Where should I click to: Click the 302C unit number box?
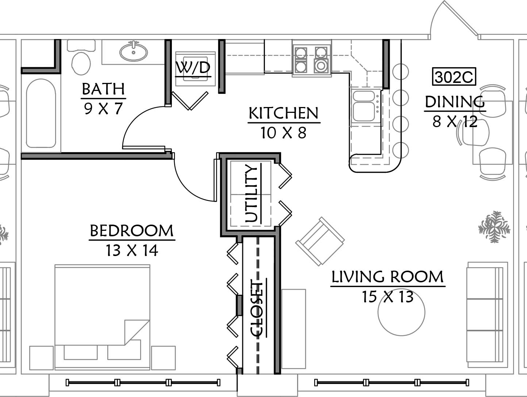click(454, 77)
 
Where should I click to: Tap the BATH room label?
click(103, 89)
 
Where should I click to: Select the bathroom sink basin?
click(134, 51)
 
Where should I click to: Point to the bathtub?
click(41, 113)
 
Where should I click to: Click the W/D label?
click(193, 68)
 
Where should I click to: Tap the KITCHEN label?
click(284, 113)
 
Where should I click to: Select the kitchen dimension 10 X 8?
click(284, 133)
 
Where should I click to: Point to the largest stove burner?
click(321, 65)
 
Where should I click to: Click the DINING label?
click(455, 102)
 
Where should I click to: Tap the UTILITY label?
click(251, 194)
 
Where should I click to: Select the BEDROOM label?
click(132, 231)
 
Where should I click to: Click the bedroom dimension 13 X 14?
click(132, 251)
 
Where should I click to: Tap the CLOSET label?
click(257, 310)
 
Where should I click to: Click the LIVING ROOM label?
click(388, 277)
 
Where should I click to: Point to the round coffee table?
click(401, 312)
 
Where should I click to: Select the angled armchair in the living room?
click(320, 241)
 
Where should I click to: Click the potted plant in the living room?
click(494, 227)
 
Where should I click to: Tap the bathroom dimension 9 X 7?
click(104, 108)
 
